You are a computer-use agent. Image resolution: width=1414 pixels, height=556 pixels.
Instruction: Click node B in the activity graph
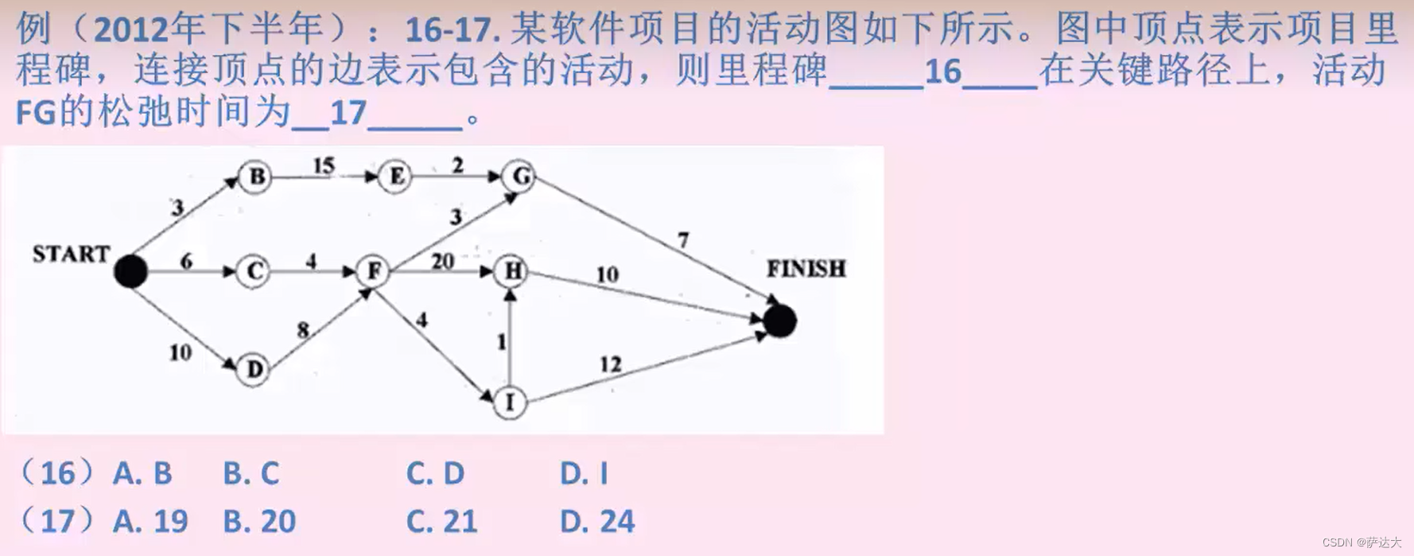pyautogui.click(x=256, y=176)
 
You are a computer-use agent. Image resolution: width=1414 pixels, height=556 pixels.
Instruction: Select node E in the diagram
pyautogui.click(x=395, y=176)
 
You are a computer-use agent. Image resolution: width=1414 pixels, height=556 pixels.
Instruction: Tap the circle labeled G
pyautogui.click(x=521, y=176)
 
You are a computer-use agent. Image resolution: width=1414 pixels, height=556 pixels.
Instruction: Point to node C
pyautogui.click(x=254, y=272)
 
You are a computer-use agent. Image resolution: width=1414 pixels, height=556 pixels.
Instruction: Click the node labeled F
pyautogui.click(x=373, y=272)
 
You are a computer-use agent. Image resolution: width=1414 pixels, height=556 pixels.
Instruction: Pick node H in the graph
pyautogui.click(x=512, y=272)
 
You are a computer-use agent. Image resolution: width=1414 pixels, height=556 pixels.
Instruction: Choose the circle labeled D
pyautogui.click(x=254, y=369)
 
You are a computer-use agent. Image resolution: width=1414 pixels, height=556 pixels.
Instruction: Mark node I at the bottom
pyautogui.click(x=510, y=402)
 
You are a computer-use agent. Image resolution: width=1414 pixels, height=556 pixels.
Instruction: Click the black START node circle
pyautogui.click(x=130, y=271)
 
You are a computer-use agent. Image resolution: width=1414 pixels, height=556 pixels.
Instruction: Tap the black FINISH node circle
pyautogui.click(x=779, y=321)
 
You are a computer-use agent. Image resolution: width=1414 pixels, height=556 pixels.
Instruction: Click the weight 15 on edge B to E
pyautogui.click(x=324, y=165)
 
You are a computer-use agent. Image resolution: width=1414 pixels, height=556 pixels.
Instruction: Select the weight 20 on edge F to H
pyautogui.click(x=442, y=261)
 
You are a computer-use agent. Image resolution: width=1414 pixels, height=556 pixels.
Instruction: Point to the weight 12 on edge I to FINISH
pyautogui.click(x=610, y=364)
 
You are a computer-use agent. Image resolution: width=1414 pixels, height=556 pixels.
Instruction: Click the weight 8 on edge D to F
pyautogui.click(x=303, y=329)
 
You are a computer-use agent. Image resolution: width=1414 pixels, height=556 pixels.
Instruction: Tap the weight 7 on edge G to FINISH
pyautogui.click(x=683, y=239)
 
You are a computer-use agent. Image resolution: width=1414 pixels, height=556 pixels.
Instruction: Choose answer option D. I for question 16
pyautogui.click(x=584, y=474)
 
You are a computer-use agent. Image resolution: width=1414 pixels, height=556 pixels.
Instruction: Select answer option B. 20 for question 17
pyautogui.click(x=259, y=522)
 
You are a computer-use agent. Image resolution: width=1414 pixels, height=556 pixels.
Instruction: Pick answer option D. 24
pyautogui.click(x=597, y=522)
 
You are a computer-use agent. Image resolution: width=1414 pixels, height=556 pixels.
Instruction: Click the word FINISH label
pyautogui.click(x=806, y=269)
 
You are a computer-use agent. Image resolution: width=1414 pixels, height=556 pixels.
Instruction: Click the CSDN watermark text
pyautogui.click(x=1362, y=542)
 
